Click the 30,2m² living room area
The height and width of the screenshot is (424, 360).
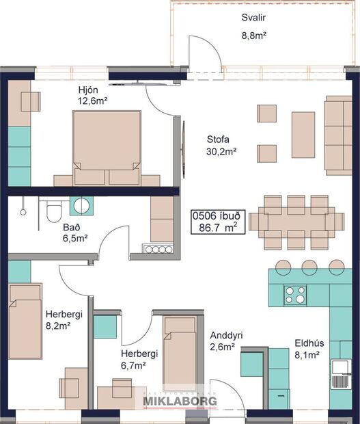[x=221, y=152]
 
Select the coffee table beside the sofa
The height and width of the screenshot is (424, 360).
[x=303, y=135]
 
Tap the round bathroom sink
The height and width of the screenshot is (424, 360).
[x=82, y=206]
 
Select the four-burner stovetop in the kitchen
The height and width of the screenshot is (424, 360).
[x=296, y=295]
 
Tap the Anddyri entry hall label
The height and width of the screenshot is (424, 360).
[x=228, y=336]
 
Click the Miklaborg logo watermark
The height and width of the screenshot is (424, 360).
[x=180, y=401]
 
